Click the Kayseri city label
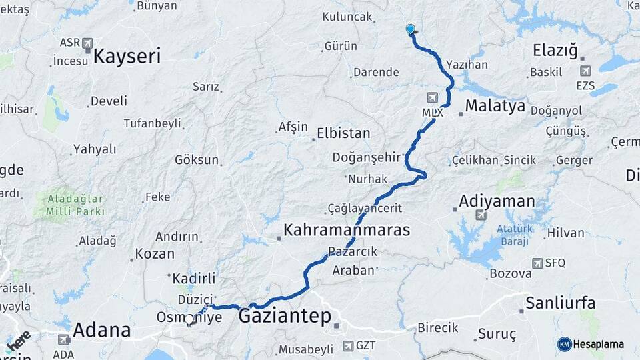coord(127,56)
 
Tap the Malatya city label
coord(495,105)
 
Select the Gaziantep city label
coord(285,316)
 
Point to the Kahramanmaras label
coord(346,230)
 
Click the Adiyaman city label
coord(497,201)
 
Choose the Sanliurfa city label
coord(560,303)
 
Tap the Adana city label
coord(101,330)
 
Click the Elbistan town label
coord(343,133)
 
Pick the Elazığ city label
coord(555,51)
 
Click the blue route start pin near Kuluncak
coord(410,29)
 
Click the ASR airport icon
coord(87,43)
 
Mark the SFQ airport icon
coord(537,263)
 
